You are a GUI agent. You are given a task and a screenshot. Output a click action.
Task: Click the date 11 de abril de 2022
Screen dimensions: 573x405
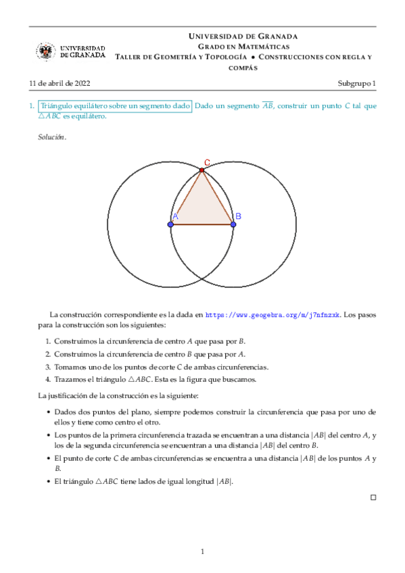coord(59,84)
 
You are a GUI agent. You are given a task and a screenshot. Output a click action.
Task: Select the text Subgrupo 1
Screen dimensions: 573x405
coord(357,84)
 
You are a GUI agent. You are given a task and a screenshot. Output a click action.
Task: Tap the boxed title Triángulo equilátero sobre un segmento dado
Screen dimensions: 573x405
coord(115,106)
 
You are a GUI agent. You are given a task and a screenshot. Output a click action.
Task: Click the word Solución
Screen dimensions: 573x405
coord(51,137)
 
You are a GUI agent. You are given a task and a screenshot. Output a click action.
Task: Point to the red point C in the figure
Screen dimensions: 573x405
coord(201,170)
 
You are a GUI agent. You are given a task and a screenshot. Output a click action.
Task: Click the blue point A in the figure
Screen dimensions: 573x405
coord(170,224)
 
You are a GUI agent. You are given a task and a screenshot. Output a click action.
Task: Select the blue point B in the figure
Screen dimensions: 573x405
coord(233,224)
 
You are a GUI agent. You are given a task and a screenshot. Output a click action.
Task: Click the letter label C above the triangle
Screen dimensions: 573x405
coord(207,162)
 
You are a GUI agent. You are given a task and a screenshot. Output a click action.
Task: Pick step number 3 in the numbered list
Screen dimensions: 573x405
coord(48,367)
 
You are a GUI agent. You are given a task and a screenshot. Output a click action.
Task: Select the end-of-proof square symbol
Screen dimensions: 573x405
coord(373,497)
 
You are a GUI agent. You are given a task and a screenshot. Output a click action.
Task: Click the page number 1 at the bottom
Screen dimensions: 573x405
coord(202,552)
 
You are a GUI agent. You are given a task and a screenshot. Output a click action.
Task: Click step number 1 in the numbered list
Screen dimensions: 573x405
coord(48,341)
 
